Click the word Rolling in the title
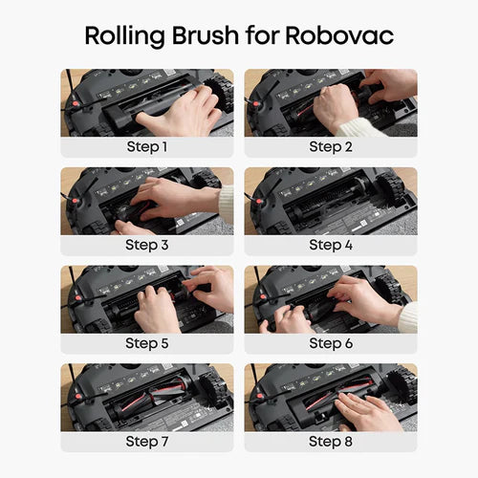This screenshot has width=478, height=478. point(124,36)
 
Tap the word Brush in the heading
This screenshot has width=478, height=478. point(206,35)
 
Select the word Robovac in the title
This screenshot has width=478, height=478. point(339,35)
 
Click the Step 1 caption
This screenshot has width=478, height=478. point(147,147)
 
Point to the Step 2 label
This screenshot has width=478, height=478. point(331,147)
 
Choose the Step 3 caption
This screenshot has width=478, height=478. point(147,245)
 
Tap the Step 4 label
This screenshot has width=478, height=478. point(331,245)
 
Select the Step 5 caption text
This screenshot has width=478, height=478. point(147,343)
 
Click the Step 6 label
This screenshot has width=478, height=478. point(331,343)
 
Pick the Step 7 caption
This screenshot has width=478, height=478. point(147,442)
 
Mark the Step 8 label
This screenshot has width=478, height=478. point(331,442)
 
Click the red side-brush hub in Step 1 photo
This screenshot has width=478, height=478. point(75,103)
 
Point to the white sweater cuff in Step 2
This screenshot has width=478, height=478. point(361,128)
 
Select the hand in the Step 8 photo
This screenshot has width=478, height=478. point(366,411)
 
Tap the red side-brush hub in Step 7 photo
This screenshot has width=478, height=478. point(78,397)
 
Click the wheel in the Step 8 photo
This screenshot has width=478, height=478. point(402,384)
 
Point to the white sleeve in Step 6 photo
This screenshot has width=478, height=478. point(408,317)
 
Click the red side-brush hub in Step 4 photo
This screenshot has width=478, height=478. point(259,202)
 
